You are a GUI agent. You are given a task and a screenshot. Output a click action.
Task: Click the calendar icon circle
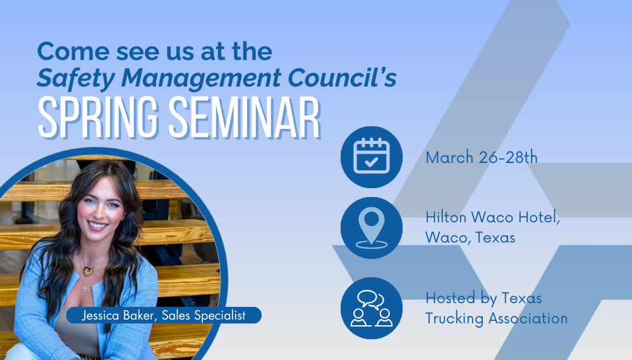click(x=371, y=157)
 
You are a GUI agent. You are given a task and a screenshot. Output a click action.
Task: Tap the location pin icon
click(x=371, y=227)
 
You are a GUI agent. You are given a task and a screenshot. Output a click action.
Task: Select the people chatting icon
click(x=371, y=308)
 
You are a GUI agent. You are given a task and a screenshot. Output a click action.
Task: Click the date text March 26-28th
click(x=481, y=157)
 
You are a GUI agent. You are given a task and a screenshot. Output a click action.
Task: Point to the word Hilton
click(x=446, y=217)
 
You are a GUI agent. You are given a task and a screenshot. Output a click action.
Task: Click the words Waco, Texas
click(x=470, y=237)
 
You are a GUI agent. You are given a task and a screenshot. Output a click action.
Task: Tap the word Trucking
click(x=454, y=318)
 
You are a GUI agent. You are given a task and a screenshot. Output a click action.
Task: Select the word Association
click(x=528, y=318)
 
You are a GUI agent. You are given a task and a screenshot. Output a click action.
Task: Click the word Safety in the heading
click(x=76, y=78)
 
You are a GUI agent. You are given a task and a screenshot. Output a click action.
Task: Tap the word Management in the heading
click(x=201, y=78)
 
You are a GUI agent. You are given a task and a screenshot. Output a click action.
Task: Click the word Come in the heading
click(x=73, y=51)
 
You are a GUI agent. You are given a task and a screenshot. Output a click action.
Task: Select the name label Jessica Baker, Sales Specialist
click(x=164, y=315)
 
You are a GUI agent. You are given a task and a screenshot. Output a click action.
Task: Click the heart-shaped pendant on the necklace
click(x=87, y=271)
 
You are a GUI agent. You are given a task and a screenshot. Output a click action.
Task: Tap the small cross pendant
click(x=85, y=287)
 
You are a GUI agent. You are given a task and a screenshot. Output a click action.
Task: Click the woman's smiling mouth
click(x=97, y=225)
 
